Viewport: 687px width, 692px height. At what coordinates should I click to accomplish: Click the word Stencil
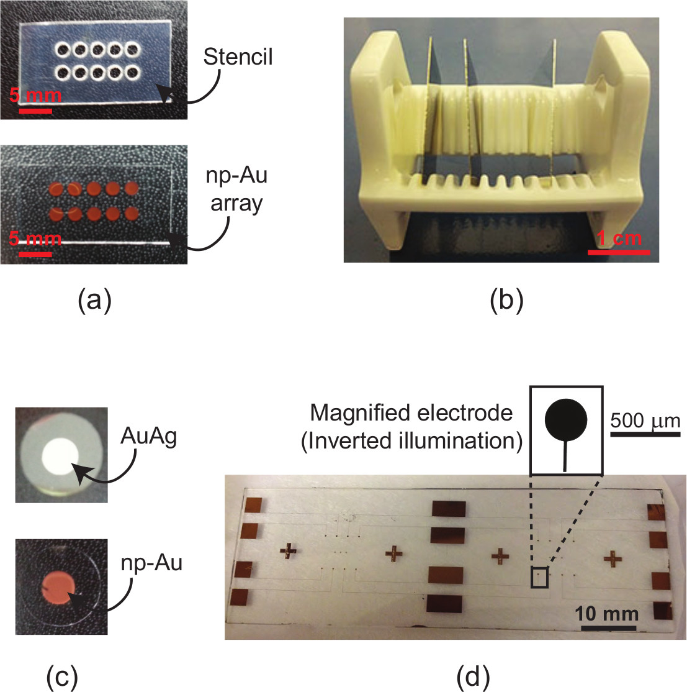[238, 57]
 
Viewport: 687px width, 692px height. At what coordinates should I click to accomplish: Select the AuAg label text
[149, 437]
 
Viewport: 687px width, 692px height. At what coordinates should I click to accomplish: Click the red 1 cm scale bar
[619, 252]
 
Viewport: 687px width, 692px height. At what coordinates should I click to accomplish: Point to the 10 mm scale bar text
[606, 614]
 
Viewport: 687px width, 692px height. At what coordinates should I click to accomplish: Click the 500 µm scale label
[645, 421]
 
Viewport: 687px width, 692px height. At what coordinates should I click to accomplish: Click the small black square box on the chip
[539, 578]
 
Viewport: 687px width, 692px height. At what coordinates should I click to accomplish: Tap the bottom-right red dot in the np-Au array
[132, 214]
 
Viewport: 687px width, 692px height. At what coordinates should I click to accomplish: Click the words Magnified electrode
[411, 412]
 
